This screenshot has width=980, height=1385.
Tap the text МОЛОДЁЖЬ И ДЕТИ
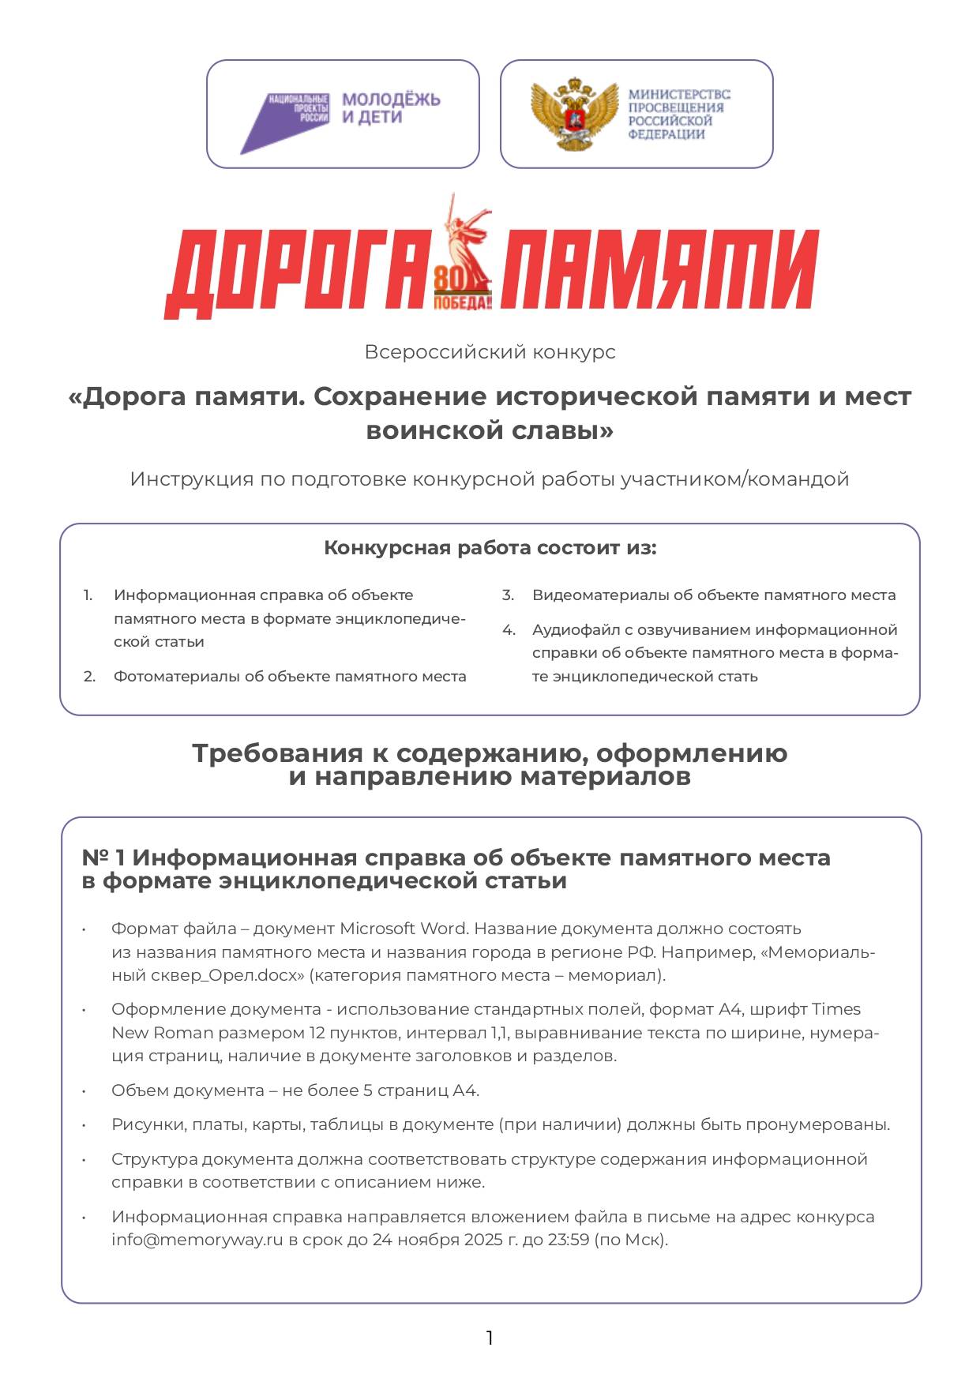coord(390,108)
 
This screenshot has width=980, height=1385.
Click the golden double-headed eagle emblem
coord(573,114)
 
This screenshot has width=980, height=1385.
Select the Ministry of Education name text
coord(678,114)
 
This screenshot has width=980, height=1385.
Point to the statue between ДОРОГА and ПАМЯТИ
coord(466,237)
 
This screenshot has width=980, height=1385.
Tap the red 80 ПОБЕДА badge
coord(461,289)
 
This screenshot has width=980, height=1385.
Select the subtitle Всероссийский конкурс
coord(490,352)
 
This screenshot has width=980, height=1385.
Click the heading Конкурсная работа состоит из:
coord(490,548)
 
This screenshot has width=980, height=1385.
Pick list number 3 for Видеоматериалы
coord(508,595)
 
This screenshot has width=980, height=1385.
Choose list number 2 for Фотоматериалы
coord(89,677)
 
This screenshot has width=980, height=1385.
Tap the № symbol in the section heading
coord(96,858)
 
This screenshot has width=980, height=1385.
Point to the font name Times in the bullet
coord(836,1009)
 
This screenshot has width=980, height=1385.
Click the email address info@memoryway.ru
coord(197,1240)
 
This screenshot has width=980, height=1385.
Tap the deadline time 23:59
coord(569,1240)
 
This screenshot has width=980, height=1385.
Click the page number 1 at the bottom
coord(490,1338)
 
